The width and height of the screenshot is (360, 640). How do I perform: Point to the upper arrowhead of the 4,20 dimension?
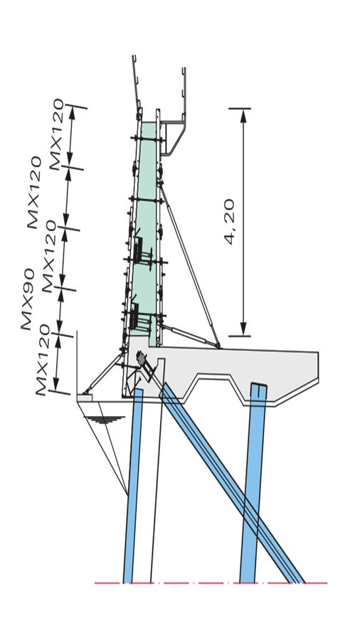coord(243,115)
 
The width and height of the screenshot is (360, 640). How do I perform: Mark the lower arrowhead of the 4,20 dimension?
coord(243,329)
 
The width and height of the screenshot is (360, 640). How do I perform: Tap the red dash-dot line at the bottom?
coord(213,583)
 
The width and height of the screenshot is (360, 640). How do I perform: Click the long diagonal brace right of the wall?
coord(189,263)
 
